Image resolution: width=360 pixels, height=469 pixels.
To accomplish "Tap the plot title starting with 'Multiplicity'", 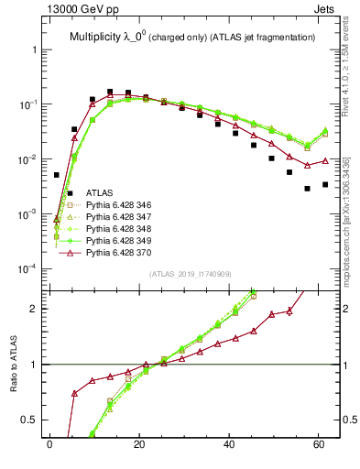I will click(192, 37).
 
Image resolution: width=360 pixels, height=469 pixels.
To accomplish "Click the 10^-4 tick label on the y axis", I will click(30, 269).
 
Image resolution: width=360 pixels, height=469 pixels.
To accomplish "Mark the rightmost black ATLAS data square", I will click(325, 184).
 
